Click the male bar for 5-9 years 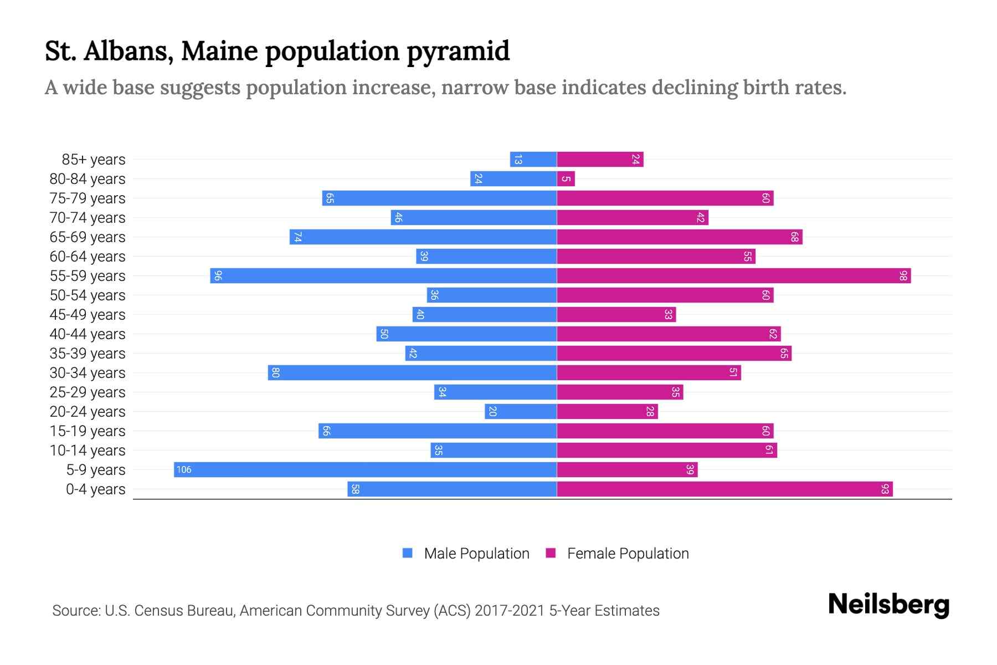tap(366, 469)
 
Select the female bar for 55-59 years tap(734, 275)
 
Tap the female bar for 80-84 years tap(566, 178)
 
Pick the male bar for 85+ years tap(533, 159)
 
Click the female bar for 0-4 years tap(724, 489)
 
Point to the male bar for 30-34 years tap(413, 372)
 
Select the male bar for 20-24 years tap(521, 411)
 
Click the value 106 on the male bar tap(183, 469)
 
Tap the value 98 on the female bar tap(903, 275)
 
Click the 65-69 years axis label tap(88, 237)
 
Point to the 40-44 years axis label tap(88, 334)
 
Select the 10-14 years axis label tap(88, 451)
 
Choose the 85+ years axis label tap(94, 160)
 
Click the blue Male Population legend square tap(408, 553)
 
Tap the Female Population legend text tap(628, 554)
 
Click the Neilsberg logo tap(888, 604)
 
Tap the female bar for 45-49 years tap(616, 314)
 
